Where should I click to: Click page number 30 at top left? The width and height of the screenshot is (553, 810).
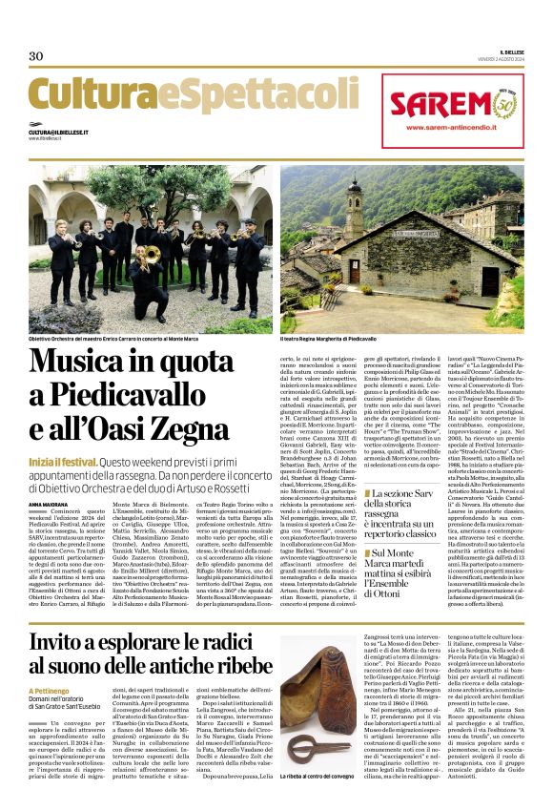(35, 55)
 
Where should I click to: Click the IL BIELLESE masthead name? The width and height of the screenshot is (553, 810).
(510, 52)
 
